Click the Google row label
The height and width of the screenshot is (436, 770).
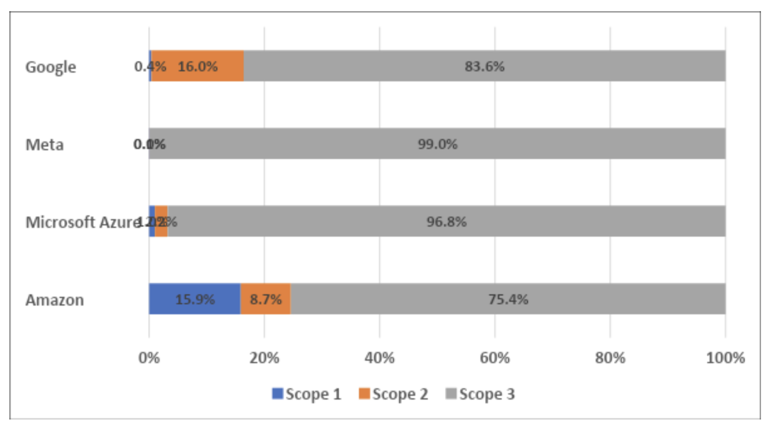tap(51, 67)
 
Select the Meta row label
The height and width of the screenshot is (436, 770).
tap(44, 145)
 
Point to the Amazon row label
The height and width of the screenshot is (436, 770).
tap(54, 300)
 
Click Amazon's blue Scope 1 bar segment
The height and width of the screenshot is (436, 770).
tap(194, 299)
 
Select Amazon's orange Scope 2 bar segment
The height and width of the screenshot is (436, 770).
tap(265, 299)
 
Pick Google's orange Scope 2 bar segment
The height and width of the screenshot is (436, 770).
tap(198, 66)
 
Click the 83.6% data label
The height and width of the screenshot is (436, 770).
tap(484, 66)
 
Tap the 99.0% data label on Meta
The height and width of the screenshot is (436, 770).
tap(438, 144)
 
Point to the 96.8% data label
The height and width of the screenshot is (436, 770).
tap(446, 221)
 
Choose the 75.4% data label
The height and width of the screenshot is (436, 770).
tap(508, 299)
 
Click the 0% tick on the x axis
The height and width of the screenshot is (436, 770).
tap(149, 358)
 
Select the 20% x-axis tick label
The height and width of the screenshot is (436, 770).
tap(264, 358)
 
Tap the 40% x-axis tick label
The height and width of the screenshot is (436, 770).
tap(379, 358)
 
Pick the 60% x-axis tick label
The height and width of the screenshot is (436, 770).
tap(495, 358)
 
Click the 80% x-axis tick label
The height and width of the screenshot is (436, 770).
tap(610, 358)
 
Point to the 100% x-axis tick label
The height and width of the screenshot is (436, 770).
tap(725, 358)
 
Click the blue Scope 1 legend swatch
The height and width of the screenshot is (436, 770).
tap(278, 393)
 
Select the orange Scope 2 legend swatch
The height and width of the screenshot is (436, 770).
tap(364, 393)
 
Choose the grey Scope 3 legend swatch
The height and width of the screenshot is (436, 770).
tap(451, 393)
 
